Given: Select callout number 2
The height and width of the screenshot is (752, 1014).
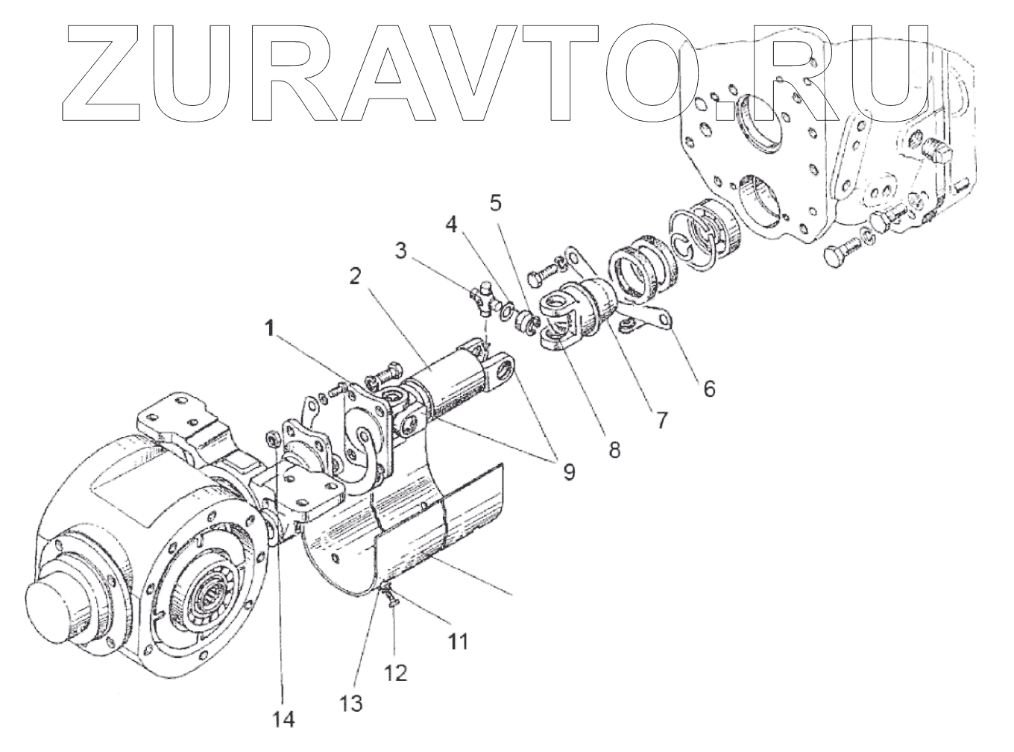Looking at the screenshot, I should click(356, 277).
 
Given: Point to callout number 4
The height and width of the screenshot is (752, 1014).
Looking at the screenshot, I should click(451, 224).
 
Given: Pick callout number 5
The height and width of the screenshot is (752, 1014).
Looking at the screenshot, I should click(497, 201).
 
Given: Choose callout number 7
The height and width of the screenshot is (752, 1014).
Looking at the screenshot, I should click(661, 418).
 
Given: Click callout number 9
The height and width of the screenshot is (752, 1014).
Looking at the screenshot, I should click(569, 472).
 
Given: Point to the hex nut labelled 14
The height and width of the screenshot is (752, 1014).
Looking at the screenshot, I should click(272, 438).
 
